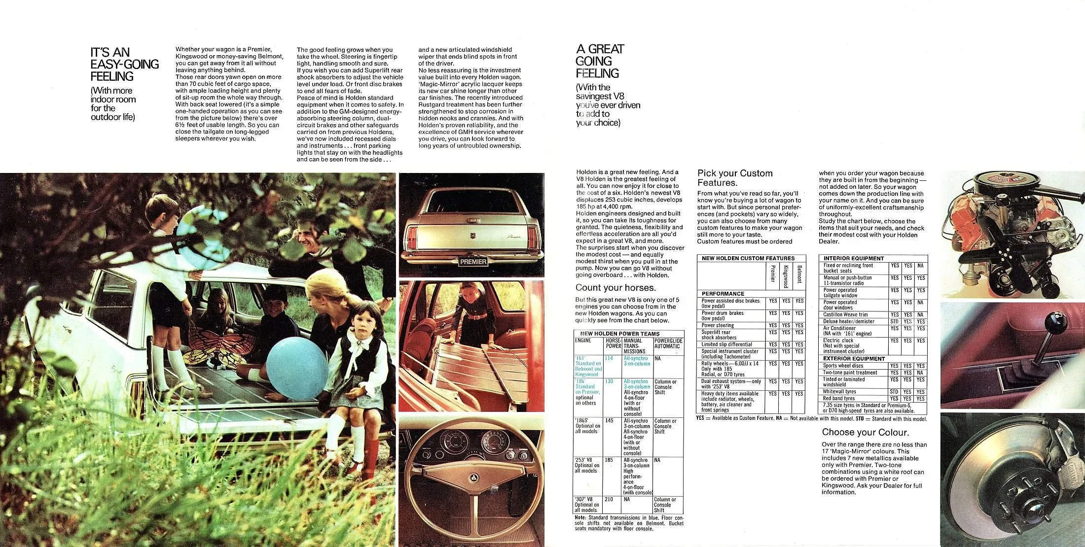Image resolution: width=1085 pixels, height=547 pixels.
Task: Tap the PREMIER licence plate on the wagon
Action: (x=472, y=262)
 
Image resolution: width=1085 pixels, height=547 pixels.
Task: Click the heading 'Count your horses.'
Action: (x=615, y=288)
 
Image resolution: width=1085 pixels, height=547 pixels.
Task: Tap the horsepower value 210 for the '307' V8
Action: (x=609, y=499)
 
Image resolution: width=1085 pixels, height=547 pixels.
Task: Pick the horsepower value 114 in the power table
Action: (x=609, y=358)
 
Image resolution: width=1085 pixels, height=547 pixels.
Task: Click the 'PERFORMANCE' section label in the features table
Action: (x=723, y=293)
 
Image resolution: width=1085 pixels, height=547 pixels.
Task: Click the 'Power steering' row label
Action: (x=718, y=325)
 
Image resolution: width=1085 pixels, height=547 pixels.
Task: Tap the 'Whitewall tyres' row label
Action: (x=839, y=392)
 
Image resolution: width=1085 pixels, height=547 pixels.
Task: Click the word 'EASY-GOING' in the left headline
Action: (x=125, y=64)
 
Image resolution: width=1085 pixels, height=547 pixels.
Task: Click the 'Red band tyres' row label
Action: (x=839, y=398)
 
